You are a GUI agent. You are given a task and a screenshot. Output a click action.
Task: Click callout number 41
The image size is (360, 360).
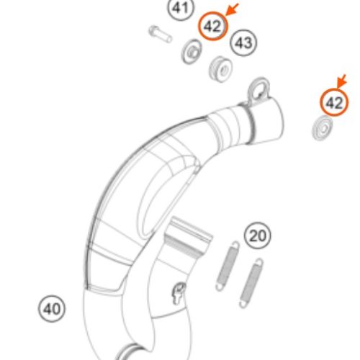[x=181, y=9]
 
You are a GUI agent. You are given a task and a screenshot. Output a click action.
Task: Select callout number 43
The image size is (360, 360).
[x=243, y=43]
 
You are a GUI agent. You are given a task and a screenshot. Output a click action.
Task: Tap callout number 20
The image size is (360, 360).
[x=258, y=235]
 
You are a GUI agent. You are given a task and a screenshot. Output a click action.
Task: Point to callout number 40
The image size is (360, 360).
[x=52, y=309]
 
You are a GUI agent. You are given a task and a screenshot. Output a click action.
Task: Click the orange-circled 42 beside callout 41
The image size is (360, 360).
[x=212, y=26]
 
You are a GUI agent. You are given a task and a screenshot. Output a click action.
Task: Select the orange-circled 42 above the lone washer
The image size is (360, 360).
[x=334, y=103]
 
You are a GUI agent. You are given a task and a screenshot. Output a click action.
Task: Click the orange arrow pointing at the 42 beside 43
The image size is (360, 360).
[x=233, y=9]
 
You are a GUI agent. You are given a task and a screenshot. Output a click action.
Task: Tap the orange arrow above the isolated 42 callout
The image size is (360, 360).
[x=341, y=81]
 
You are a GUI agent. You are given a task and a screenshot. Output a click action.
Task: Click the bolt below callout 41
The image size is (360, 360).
[x=160, y=35]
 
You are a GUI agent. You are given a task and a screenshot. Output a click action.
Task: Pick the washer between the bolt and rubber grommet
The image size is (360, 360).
[x=192, y=52]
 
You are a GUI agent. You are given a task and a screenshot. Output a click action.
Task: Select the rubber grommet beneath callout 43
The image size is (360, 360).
[x=220, y=69]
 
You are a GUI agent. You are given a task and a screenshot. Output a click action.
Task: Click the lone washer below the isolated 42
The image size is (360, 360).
[x=323, y=128]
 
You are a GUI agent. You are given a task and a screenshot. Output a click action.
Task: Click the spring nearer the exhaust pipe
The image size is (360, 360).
[x=228, y=266]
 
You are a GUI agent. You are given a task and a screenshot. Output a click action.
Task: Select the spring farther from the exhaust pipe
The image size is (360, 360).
[x=251, y=283]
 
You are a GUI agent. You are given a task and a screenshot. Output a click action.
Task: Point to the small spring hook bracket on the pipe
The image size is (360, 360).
[x=178, y=293]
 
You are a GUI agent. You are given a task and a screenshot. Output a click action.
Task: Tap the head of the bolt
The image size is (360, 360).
[x=153, y=31]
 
